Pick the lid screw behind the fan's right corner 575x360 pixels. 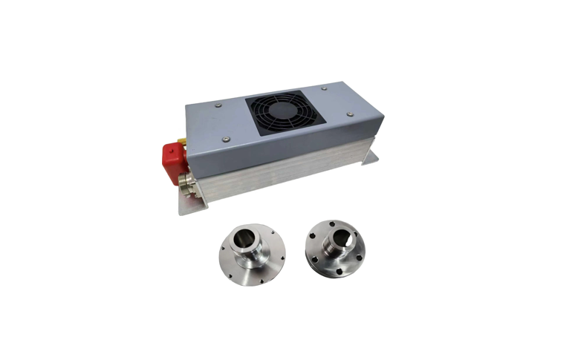(x=325, y=88)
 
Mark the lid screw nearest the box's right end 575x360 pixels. (x=349, y=115)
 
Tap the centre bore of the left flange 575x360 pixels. (x=243, y=239)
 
